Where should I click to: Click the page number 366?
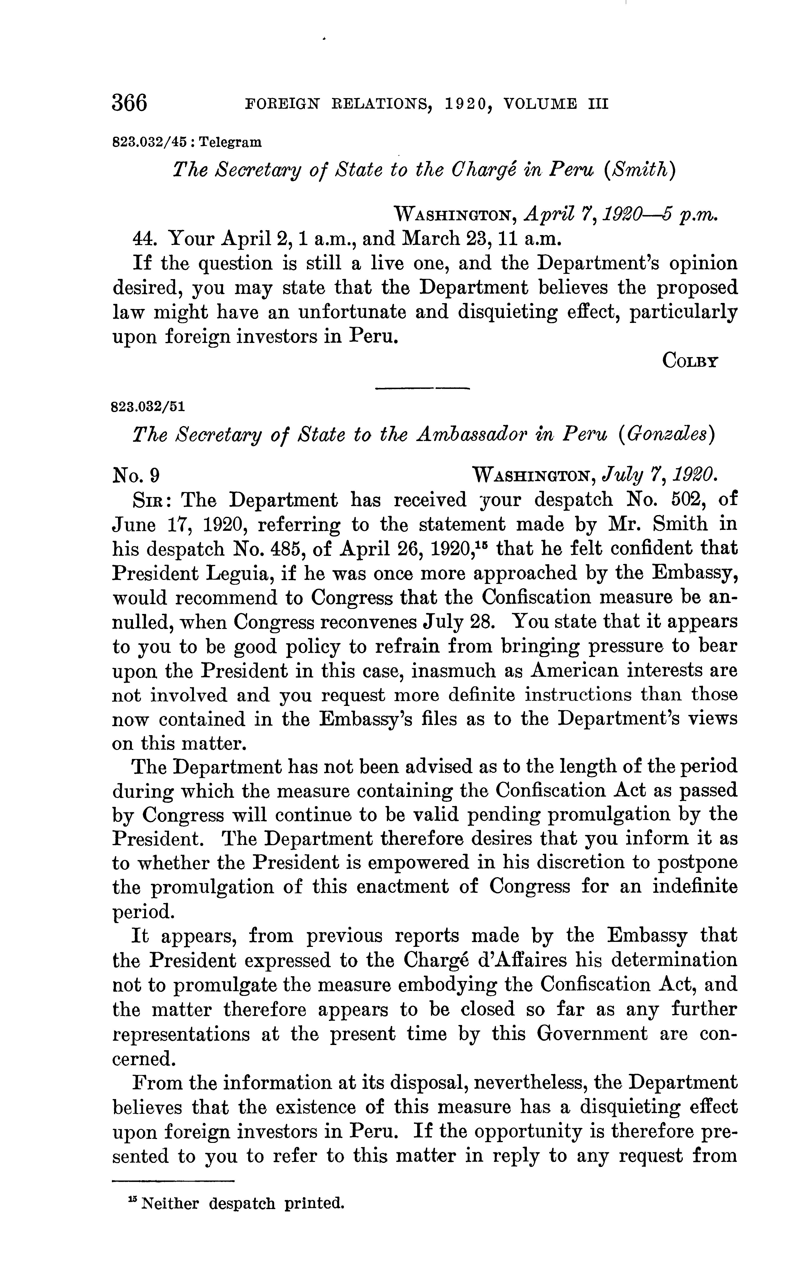[x=129, y=103]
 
